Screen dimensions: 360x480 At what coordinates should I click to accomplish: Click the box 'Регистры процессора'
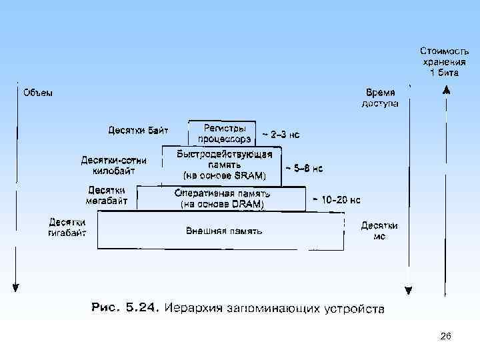tap(220, 133)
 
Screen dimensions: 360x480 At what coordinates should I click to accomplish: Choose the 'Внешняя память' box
tap(223, 231)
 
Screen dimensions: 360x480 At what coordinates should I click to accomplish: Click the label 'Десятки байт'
tap(138, 129)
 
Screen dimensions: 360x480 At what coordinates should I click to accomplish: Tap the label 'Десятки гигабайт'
tap(67, 227)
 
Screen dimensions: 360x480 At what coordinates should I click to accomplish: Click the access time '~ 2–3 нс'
tap(280, 135)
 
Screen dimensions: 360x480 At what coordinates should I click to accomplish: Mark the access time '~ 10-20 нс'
tap(336, 199)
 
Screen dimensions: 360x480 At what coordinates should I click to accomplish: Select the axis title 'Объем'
tap(38, 93)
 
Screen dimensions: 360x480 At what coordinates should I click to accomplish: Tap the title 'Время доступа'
tap(380, 98)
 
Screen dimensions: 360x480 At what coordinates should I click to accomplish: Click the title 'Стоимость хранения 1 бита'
tap(439, 61)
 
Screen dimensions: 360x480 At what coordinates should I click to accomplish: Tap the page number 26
tap(445, 337)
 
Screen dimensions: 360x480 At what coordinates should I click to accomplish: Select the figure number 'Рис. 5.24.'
tap(125, 309)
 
